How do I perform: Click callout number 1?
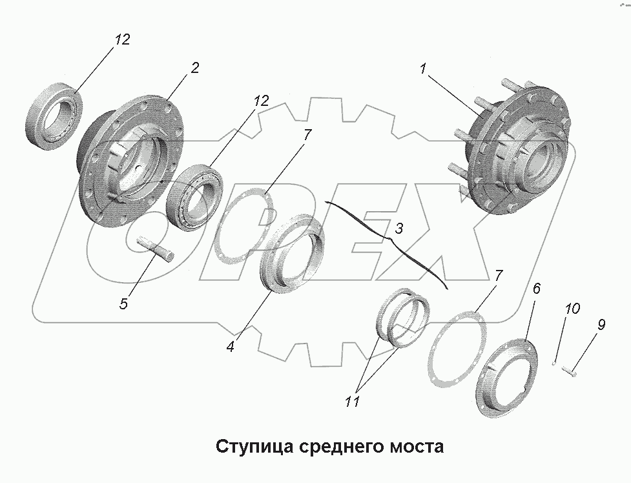423,68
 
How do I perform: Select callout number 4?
230,346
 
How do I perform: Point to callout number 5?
125,302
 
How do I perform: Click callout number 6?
537,288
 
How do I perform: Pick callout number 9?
600,325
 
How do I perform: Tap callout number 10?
572,310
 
